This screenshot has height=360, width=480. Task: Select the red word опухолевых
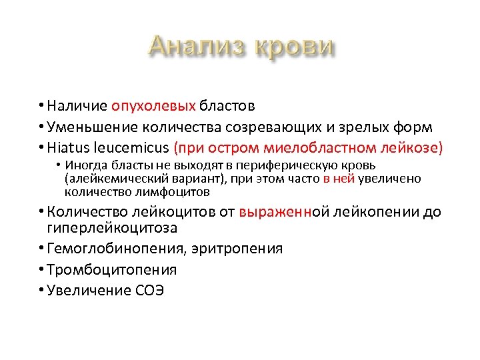(153, 105)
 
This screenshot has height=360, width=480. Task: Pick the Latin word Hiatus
(67, 148)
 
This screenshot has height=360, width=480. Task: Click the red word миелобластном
(304, 148)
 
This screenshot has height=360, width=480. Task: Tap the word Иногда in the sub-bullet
(83, 165)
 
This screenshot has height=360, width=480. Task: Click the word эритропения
(238, 249)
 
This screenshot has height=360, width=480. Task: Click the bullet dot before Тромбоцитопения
(41, 270)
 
